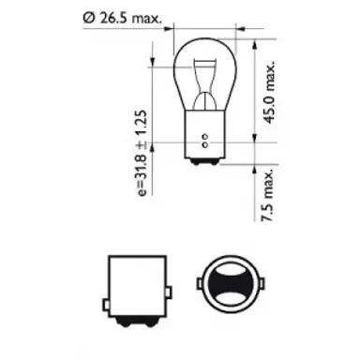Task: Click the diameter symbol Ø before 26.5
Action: pyautogui.click(x=87, y=16)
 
